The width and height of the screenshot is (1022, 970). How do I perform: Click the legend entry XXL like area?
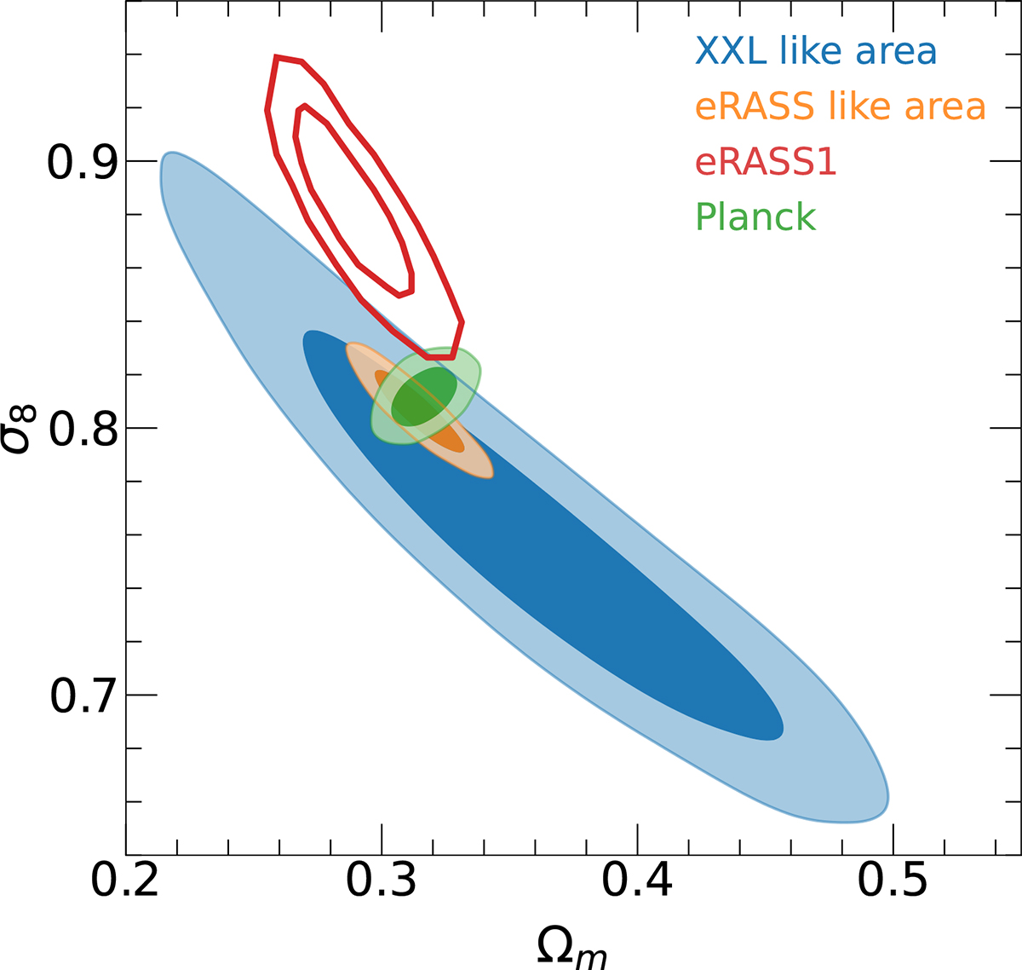816,51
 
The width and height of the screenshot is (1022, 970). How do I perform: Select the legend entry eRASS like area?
840,107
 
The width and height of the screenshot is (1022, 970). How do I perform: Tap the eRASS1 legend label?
766,161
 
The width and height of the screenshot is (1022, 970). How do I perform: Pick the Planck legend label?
755,217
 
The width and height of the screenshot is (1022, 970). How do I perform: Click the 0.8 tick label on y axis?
83,429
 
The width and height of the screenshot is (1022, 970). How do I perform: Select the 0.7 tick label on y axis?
83,696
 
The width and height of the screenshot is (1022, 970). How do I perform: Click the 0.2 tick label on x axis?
125,880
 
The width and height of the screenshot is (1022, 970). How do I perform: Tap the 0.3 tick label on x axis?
381,880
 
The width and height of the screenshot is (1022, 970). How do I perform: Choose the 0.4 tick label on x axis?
637,880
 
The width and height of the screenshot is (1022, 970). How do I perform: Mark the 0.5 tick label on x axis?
892,880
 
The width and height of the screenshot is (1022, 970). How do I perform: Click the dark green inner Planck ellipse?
424,396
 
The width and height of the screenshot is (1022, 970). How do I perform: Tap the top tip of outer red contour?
276,57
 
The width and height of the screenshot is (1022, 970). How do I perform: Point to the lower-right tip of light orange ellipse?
490,472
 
